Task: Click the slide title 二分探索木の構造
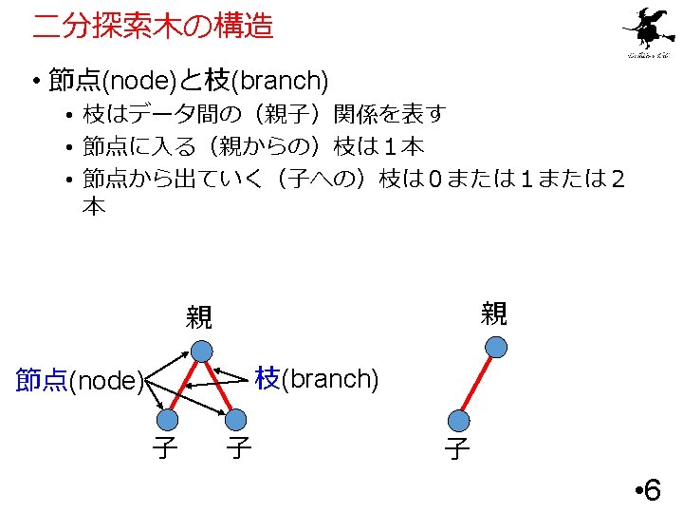[153, 26]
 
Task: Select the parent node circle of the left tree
[201, 351]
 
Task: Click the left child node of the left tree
[168, 420]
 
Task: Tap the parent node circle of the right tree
[494, 350]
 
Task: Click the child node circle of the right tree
[460, 419]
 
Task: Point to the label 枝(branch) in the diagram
[317, 378]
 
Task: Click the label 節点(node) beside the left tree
[80, 381]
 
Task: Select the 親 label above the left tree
[199, 317]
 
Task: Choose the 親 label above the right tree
[493, 313]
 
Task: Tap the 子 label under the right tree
[457, 448]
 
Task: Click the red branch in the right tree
[477, 385]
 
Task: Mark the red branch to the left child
[184, 386]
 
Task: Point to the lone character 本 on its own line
[93, 207]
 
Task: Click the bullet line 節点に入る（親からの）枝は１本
[253, 146]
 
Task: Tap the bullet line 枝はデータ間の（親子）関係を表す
[265, 115]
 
